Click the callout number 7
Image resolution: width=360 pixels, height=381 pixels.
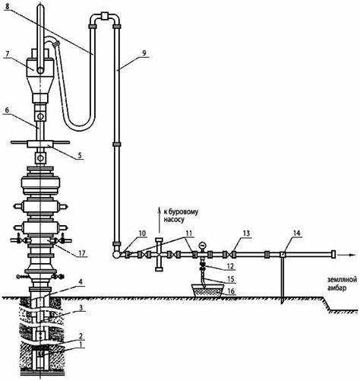pyautogui.click(x=8, y=54)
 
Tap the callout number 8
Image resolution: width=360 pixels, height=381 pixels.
pyautogui.click(x=7, y=7)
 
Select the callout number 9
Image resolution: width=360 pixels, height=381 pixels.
pyautogui.click(x=144, y=53)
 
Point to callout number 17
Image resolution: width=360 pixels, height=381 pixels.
pyautogui.click(x=81, y=253)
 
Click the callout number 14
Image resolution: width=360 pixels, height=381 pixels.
pyautogui.click(x=297, y=233)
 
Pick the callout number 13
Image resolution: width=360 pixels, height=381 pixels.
pyautogui.click(x=246, y=233)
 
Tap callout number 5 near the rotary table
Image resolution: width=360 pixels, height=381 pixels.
pyautogui.click(x=80, y=155)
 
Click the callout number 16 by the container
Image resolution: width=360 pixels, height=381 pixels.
pyautogui.click(x=231, y=291)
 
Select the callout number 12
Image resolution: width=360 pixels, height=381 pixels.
pyautogui.click(x=231, y=266)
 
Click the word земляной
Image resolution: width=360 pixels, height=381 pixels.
pyautogui.click(x=343, y=280)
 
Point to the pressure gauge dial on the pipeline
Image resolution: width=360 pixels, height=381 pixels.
pyautogui.click(x=202, y=245)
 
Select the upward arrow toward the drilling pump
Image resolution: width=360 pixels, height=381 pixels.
pyautogui.click(x=159, y=220)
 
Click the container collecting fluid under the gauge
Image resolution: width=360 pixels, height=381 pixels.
pyautogui.click(x=208, y=290)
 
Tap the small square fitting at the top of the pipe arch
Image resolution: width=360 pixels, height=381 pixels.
pyautogui.click(x=104, y=16)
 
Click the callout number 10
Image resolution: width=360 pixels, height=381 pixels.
pyautogui.click(x=143, y=233)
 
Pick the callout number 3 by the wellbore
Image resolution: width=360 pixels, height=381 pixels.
pyautogui.click(x=81, y=307)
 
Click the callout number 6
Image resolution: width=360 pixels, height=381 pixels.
pyautogui.click(x=7, y=110)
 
